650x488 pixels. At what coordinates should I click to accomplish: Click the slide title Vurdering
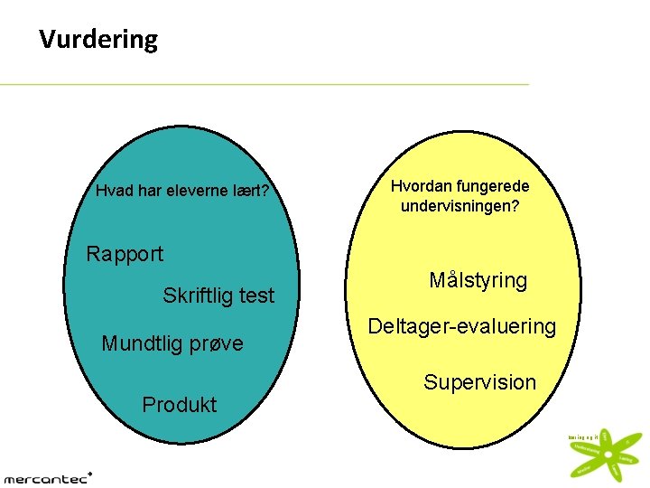point(98,40)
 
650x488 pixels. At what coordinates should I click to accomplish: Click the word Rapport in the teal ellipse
point(125,254)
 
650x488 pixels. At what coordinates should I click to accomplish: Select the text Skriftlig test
point(218,296)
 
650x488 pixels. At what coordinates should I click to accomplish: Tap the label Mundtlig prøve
point(172,343)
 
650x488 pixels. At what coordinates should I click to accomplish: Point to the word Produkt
point(180,405)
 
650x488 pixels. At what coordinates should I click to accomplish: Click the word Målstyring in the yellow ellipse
point(478,281)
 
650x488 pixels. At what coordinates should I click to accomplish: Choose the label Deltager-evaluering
point(461,327)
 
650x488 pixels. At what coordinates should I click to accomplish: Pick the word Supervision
point(480,382)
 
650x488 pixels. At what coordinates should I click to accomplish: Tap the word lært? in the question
point(250,191)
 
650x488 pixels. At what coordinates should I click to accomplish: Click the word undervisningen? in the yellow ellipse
point(460,206)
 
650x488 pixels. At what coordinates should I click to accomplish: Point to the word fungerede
point(493,186)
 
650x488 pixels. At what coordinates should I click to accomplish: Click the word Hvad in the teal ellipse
point(113,191)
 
